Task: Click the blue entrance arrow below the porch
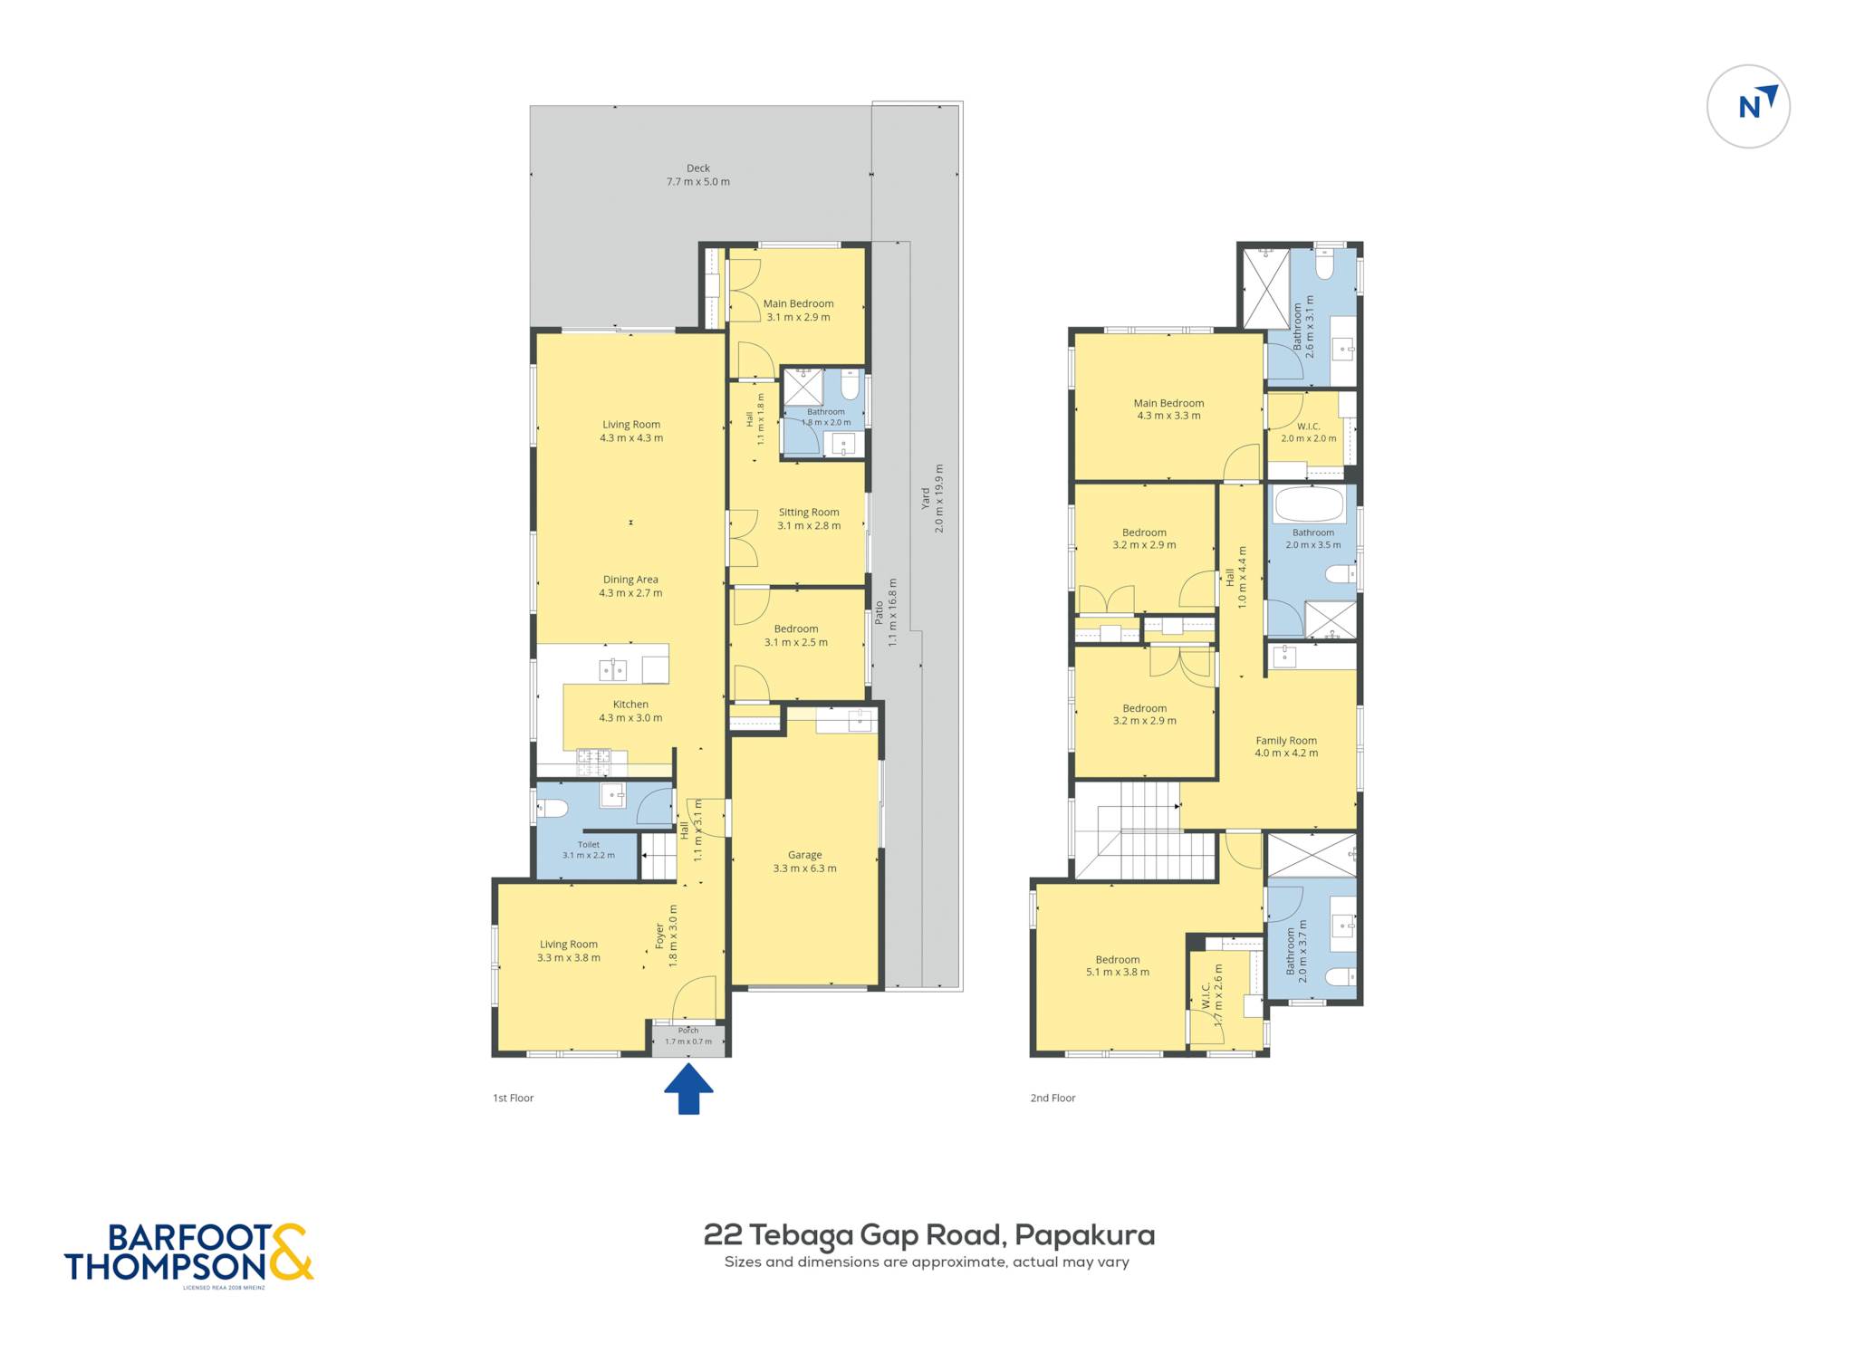pyautogui.click(x=688, y=1088)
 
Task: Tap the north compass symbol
pyautogui.click(x=1748, y=106)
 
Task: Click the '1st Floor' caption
pyautogui.click(x=514, y=1098)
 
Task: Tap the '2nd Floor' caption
pyautogui.click(x=1052, y=1098)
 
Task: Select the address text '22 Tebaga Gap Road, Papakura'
pyautogui.click(x=929, y=1235)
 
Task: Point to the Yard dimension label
pyautogui.click(x=933, y=498)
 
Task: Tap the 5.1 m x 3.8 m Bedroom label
pyautogui.click(x=1118, y=965)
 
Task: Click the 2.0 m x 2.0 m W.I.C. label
pyautogui.click(x=1309, y=432)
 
